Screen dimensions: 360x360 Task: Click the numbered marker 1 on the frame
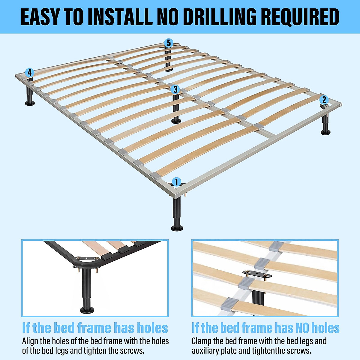(176, 182)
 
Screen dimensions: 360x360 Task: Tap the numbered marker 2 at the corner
(324, 100)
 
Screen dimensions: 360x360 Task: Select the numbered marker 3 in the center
(175, 89)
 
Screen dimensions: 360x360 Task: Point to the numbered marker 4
(29, 73)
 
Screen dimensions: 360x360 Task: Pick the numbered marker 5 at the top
(169, 43)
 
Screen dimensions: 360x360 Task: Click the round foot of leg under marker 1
(177, 228)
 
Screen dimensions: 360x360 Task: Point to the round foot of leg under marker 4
(30, 103)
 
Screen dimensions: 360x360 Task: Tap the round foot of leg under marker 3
(176, 121)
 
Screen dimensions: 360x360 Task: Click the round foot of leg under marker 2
(325, 132)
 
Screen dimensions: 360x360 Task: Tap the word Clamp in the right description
(201, 341)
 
